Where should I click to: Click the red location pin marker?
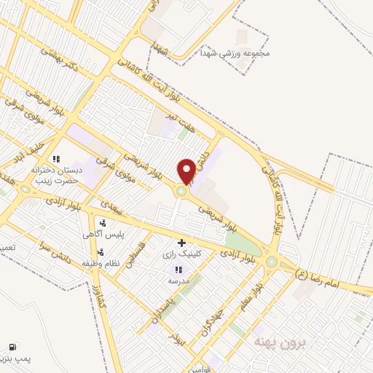point(186,170)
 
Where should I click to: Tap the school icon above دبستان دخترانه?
point(56,158)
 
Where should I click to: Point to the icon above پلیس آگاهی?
point(103,223)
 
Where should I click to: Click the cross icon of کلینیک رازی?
point(181,243)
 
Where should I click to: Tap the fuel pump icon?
point(12,347)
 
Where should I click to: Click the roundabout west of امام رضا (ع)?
point(272,262)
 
